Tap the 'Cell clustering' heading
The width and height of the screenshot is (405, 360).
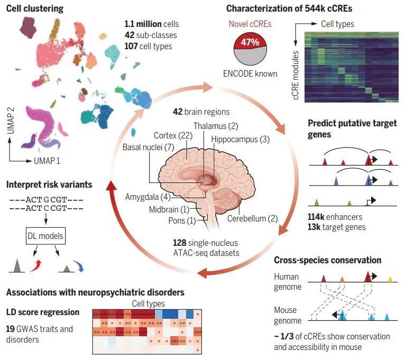[x=35, y=9]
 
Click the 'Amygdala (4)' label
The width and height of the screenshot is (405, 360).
[x=146, y=197]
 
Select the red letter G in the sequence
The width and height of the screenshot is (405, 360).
[x=47, y=200]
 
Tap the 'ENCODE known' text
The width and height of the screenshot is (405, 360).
[x=251, y=73]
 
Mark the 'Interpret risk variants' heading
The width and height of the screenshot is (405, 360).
[x=49, y=184]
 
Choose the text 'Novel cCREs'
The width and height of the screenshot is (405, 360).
[x=250, y=24]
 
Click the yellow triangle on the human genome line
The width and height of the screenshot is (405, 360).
[x=390, y=278]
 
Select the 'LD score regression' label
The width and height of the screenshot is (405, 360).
[x=43, y=312]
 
